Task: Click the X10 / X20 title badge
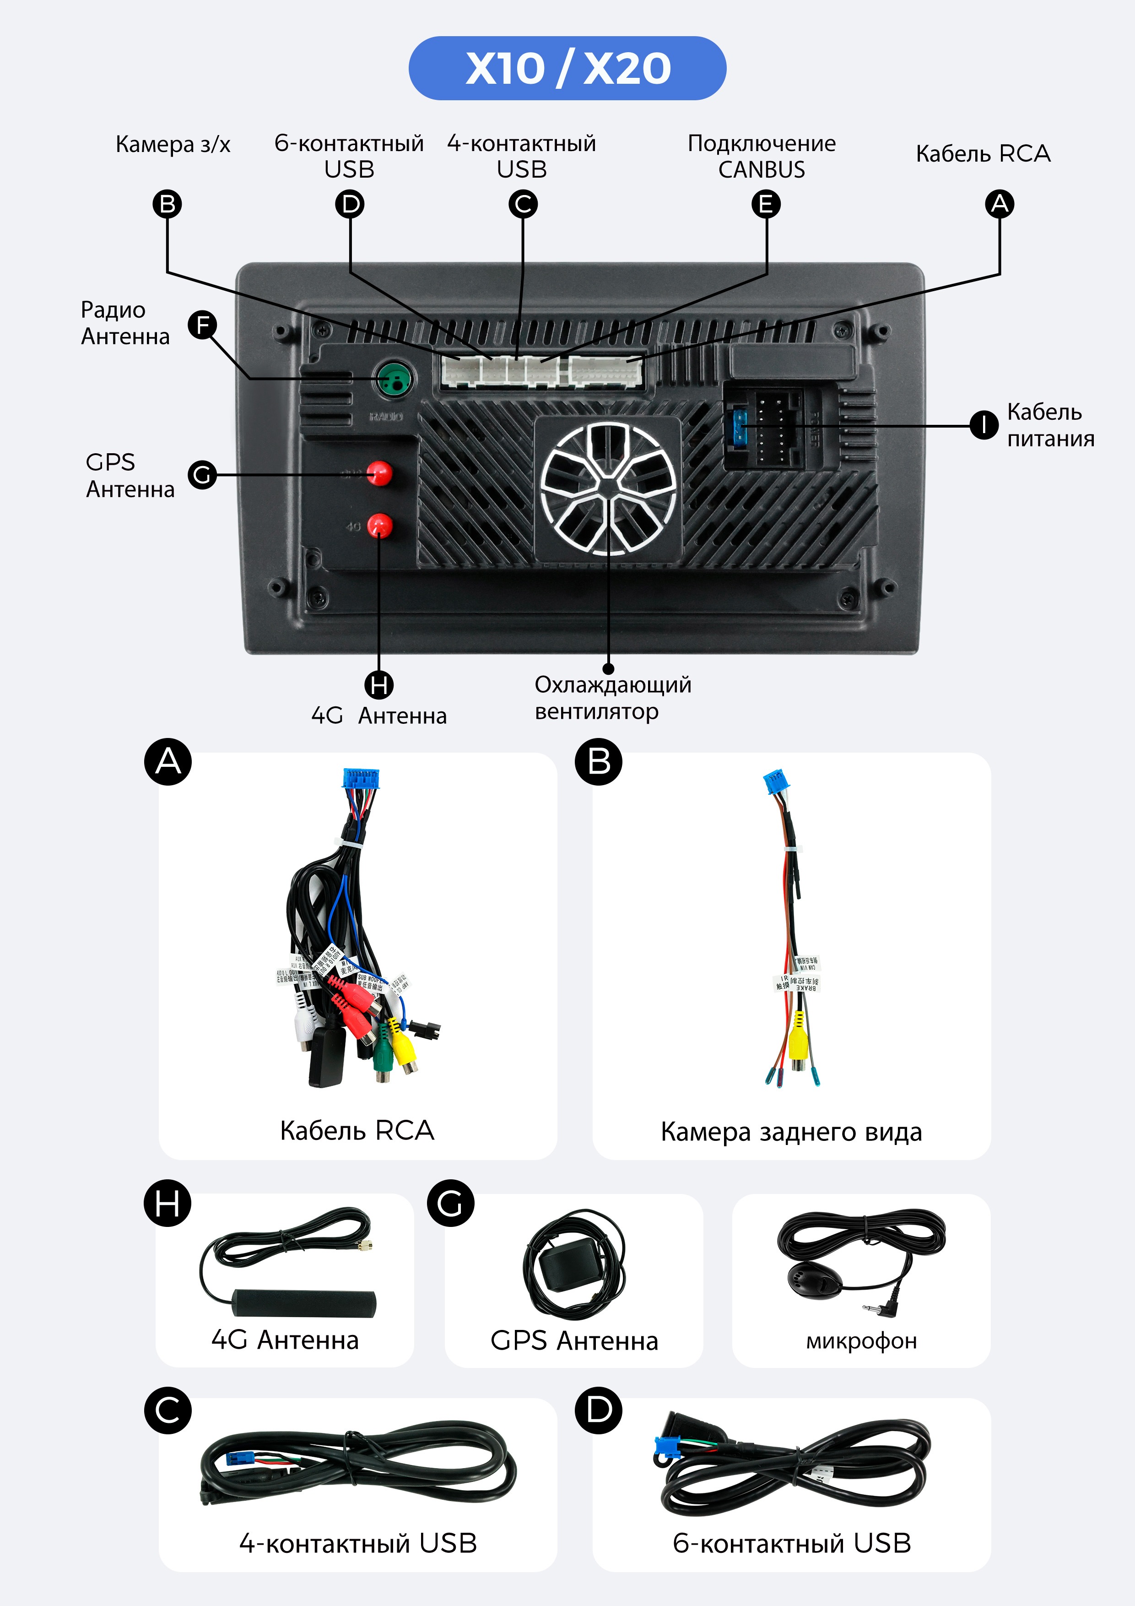pyautogui.click(x=567, y=68)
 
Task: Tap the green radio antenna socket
pyautogui.click(x=394, y=380)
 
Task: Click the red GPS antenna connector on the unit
pyautogui.click(x=380, y=473)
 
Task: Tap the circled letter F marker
pyautogui.click(x=203, y=325)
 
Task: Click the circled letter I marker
pyautogui.click(x=983, y=424)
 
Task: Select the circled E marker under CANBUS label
pyautogui.click(x=766, y=204)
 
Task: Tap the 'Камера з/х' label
pyautogui.click(x=173, y=144)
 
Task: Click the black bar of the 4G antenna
pyautogui.click(x=304, y=1302)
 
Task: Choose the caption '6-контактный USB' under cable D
pyautogui.click(x=792, y=1543)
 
